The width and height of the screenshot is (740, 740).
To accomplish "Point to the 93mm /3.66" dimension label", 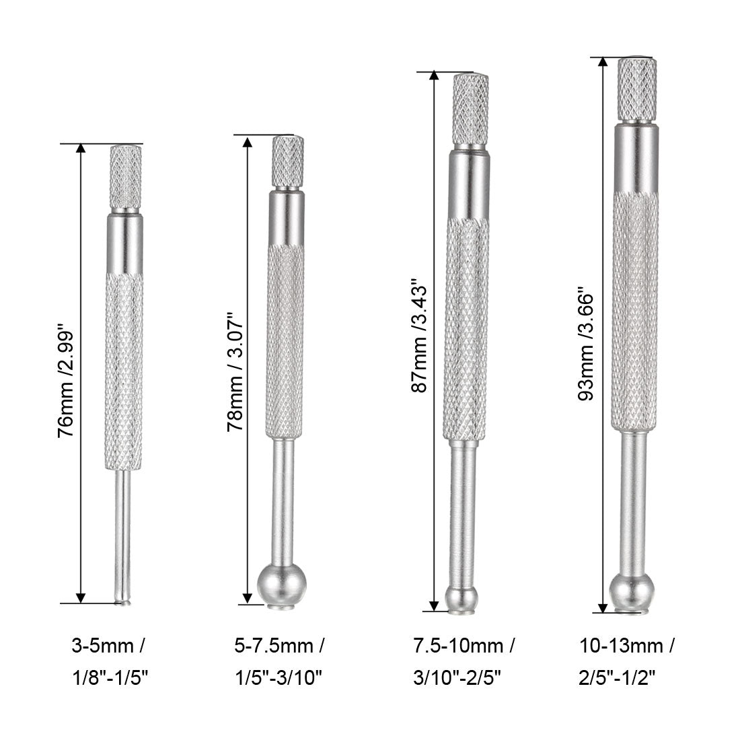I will pyautogui.click(x=586, y=344).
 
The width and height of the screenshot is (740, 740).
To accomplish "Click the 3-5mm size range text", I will pyautogui.click(x=107, y=647).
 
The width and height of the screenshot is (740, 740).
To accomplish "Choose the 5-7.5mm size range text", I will pyautogui.click(x=276, y=647).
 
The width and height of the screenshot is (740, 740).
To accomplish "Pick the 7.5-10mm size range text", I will pyautogui.click(x=464, y=647).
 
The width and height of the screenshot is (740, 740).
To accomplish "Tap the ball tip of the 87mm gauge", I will pyautogui.click(x=462, y=596).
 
